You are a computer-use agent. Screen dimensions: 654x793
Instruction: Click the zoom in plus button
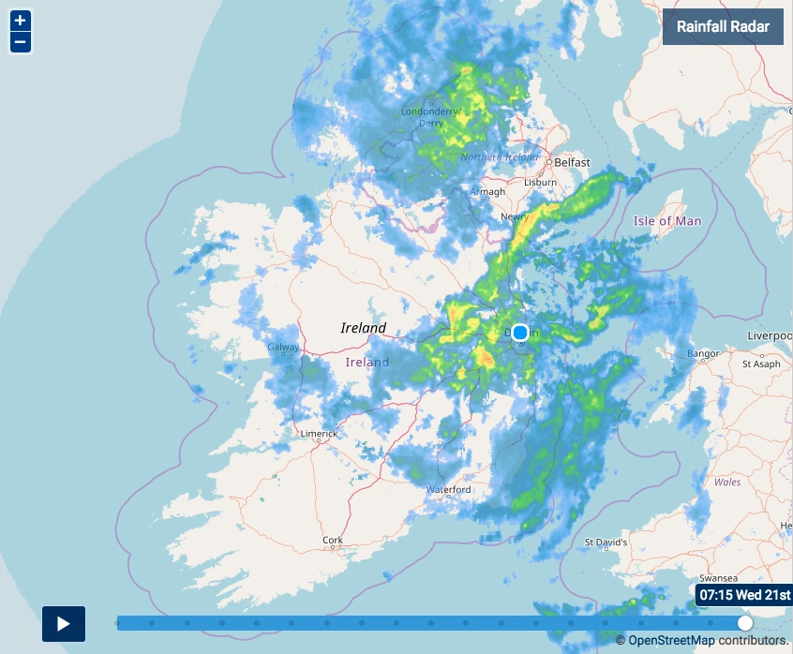point(20,21)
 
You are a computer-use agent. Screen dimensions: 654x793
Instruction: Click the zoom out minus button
point(20,42)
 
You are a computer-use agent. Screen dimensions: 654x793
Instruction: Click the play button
point(64,624)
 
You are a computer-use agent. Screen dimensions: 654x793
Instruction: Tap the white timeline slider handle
point(745,623)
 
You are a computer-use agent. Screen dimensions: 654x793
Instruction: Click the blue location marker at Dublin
point(520,333)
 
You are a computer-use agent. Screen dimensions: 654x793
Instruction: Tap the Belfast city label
point(572,163)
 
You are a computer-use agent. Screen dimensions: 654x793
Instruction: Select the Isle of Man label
point(667,221)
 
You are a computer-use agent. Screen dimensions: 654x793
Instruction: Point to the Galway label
point(283,348)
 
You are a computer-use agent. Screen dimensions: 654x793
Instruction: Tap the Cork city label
point(333,541)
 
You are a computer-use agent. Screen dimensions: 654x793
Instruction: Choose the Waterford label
point(448,490)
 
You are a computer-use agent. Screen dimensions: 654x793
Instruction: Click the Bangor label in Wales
point(703,354)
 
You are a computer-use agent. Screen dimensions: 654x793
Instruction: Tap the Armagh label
point(487,192)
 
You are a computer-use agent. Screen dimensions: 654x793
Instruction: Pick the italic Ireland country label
point(363,328)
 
